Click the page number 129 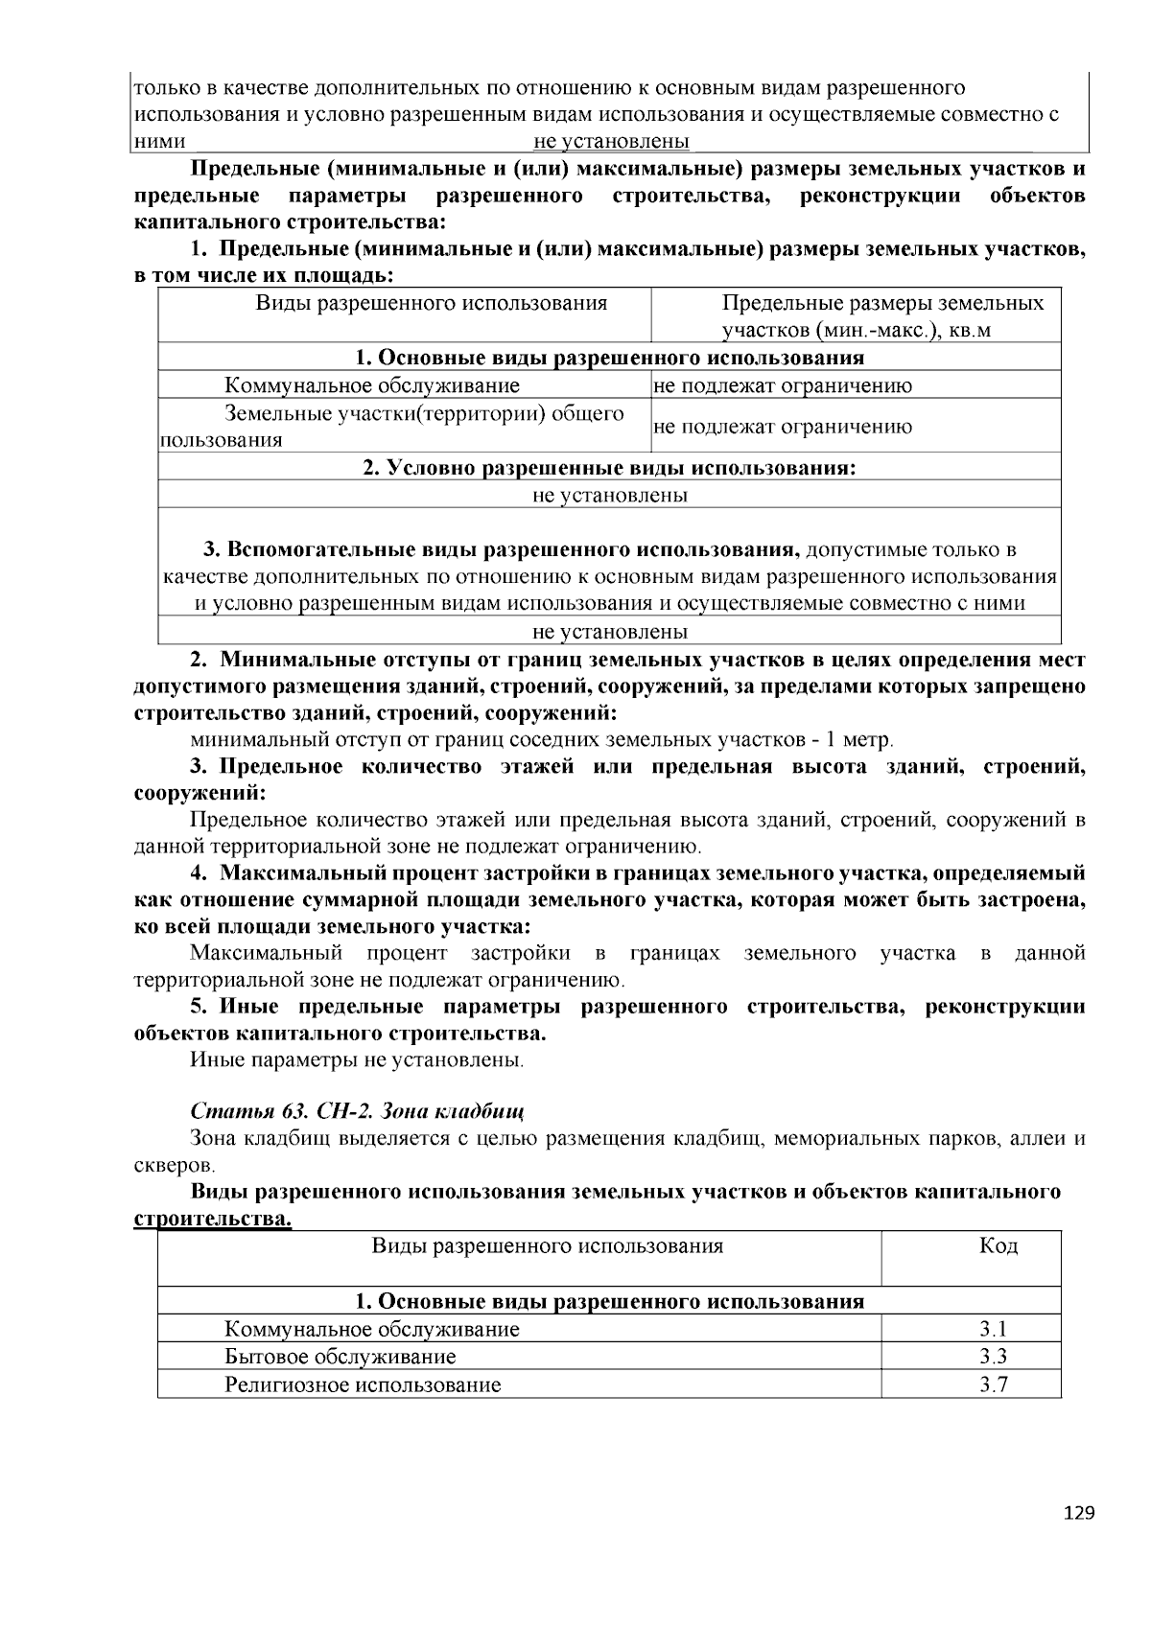pyautogui.click(x=1079, y=1513)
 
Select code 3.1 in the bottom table pyautogui.click(x=993, y=1329)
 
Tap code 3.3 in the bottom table pyautogui.click(x=993, y=1357)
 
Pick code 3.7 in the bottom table pyautogui.click(x=993, y=1384)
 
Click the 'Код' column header pyautogui.click(x=998, y=1245)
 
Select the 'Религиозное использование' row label pyautogui.click(x=363, y=1384)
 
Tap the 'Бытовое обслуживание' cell pyautogui.click(x=340, y=1357)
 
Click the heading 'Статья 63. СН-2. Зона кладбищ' pyautogui.click(x=357, y=1111)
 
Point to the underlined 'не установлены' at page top pyautogui.click(x=611, y=142)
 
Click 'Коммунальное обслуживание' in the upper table pyautogui.click(x=372, y=385)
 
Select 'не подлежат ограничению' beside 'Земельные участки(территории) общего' pyautogui.click(x=783, y=427)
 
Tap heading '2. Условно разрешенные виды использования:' pyautogui.click(x=609, y=468)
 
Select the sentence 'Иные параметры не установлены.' pyautogui.click(x=357, y=1060)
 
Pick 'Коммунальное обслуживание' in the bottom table pyautogui.click(x=372, y=1329)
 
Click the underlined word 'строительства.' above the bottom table pyautogui.click(x=211, y=1219)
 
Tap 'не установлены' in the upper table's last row pyautogui.click(x=609, y=632)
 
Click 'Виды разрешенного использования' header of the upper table pyautogui.click(x=432, y=304)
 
